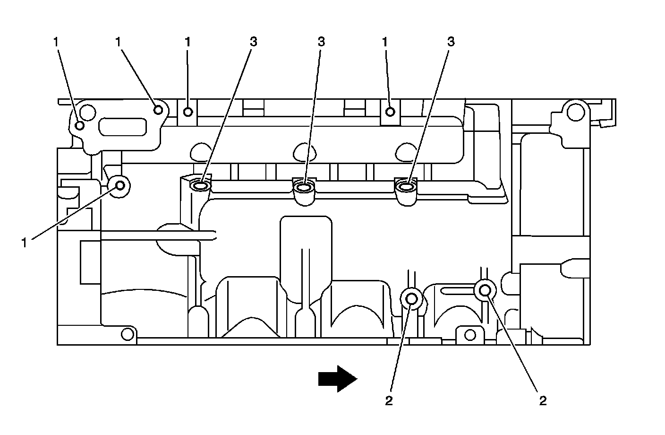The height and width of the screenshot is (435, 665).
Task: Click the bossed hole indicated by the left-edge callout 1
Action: (x=119, y=185)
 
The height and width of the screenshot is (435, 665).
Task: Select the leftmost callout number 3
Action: (x=254, y=42)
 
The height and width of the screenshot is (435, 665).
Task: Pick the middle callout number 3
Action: (x=321, y=42)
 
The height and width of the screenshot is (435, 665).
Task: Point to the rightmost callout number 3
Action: (x=451, y=42)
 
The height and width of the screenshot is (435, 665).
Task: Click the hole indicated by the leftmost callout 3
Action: (x=201, y=186)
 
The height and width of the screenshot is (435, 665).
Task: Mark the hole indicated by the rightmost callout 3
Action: (x=406, y=188)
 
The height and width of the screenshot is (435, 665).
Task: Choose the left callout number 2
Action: (x=389, y=401)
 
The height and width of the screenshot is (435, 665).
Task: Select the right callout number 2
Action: (x=543, y=401)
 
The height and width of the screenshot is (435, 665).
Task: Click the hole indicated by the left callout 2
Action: (x=411, y=298)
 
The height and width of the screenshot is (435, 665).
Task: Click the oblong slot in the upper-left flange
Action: (x=122, y=127)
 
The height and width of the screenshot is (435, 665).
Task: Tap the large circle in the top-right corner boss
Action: (x=575, y=112)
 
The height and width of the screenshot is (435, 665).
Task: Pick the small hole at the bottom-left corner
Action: (x=127, y=334)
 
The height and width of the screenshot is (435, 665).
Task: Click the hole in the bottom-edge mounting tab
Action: (x=469, y=335)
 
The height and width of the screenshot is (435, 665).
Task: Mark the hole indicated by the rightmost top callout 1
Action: (x=390, y=112)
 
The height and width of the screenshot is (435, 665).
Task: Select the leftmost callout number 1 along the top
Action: (x=56, y=42)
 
